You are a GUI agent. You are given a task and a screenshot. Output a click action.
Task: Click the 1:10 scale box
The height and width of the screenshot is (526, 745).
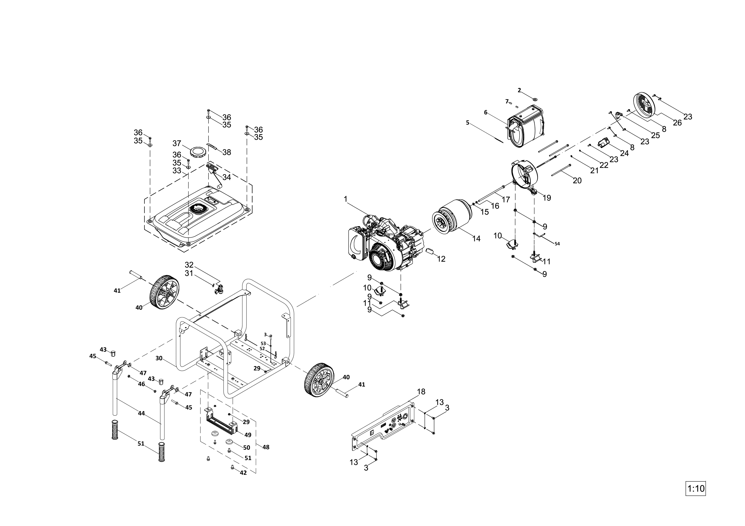tap(695, 488)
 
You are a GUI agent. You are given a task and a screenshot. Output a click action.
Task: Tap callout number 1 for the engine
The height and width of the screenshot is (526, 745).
tap(346, 198)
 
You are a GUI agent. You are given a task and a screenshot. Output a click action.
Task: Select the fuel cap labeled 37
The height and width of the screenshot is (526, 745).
tap(197, 152)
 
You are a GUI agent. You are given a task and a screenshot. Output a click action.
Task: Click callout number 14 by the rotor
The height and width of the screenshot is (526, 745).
tap(476, 239)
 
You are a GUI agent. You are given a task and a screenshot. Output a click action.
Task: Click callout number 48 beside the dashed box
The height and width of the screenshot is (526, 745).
tap(266, 447)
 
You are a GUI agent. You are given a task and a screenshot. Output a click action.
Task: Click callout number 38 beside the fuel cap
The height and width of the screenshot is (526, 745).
tap(227, 152)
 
